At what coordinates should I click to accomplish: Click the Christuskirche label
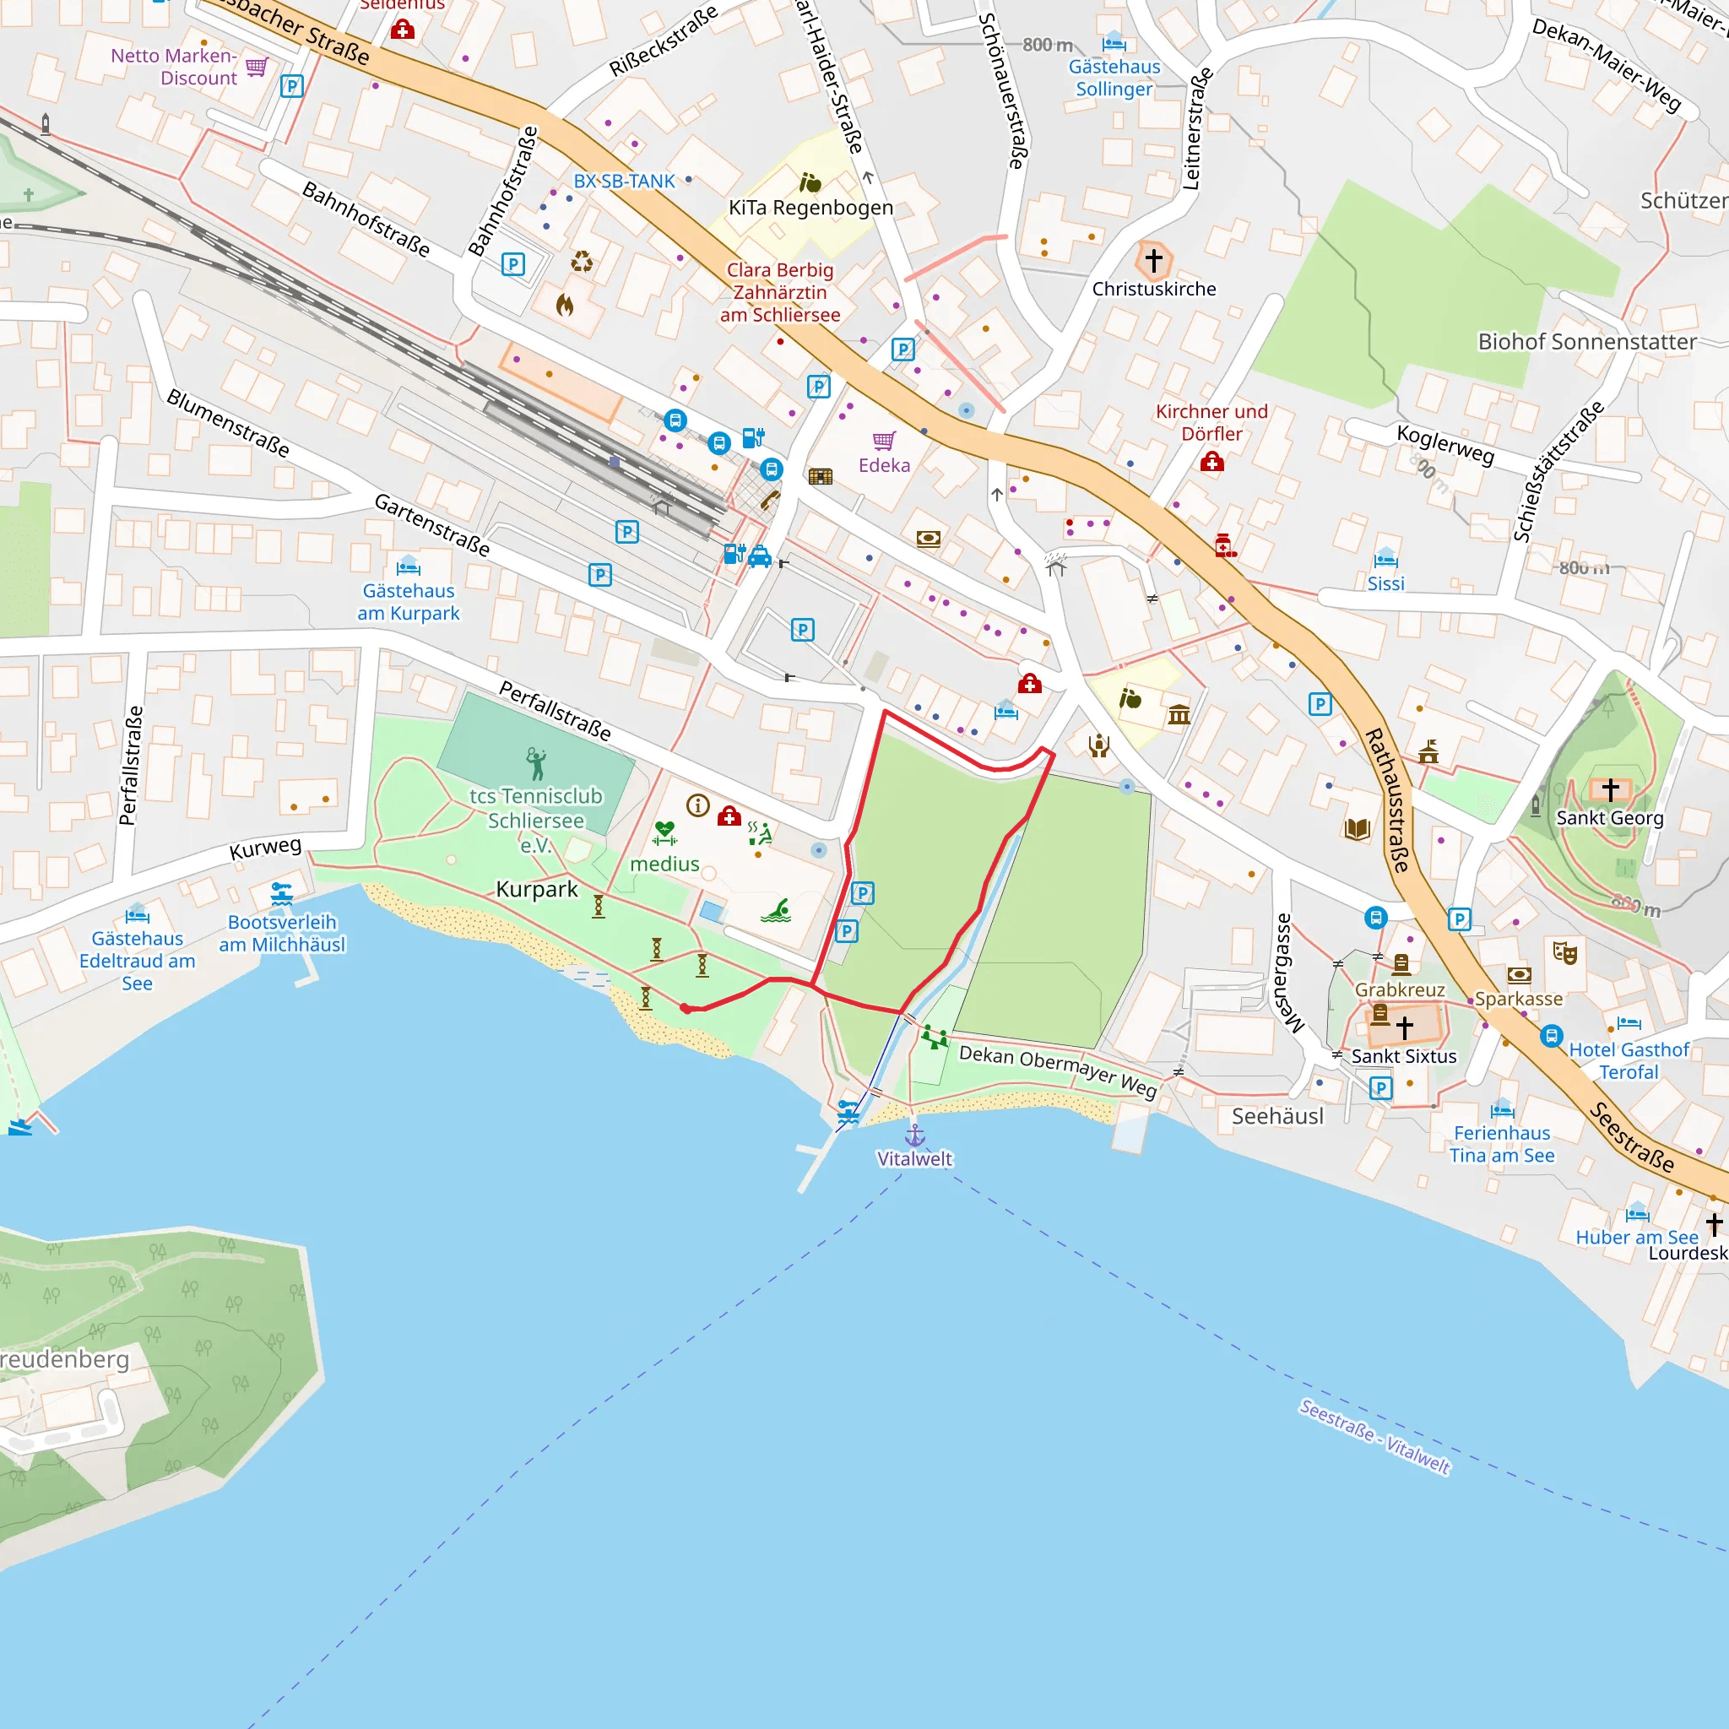coord(1153,289)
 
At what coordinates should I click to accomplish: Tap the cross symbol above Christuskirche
coord(1153,260)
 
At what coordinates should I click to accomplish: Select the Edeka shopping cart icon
coord(884,441)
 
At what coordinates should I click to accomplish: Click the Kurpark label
coord(537,889)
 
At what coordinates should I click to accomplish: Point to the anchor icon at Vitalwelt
coord(914,1136)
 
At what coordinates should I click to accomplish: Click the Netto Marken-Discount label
coord(174,68)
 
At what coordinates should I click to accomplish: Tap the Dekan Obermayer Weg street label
coord(1058,1070)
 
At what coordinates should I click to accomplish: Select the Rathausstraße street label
coord(1388,800)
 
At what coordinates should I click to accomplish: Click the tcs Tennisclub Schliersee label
coord(535,820)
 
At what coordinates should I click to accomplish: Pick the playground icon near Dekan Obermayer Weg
coord(935,1038)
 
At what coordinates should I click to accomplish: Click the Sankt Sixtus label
coord(1403,1057)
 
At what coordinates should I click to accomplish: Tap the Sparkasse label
coord(1519,999)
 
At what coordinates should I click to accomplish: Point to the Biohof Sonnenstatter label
coord(1586,342)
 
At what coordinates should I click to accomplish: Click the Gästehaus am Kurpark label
coord(408,602)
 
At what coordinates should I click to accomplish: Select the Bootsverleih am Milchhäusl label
coord(282,934)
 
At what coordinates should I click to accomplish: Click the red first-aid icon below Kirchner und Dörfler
coord(1211,462)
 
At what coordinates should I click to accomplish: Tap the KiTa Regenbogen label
coord(810,208)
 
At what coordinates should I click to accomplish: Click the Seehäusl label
coord(1277,1116)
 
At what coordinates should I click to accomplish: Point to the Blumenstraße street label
coord(229,423)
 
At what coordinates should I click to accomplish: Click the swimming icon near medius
coord(775,911)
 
